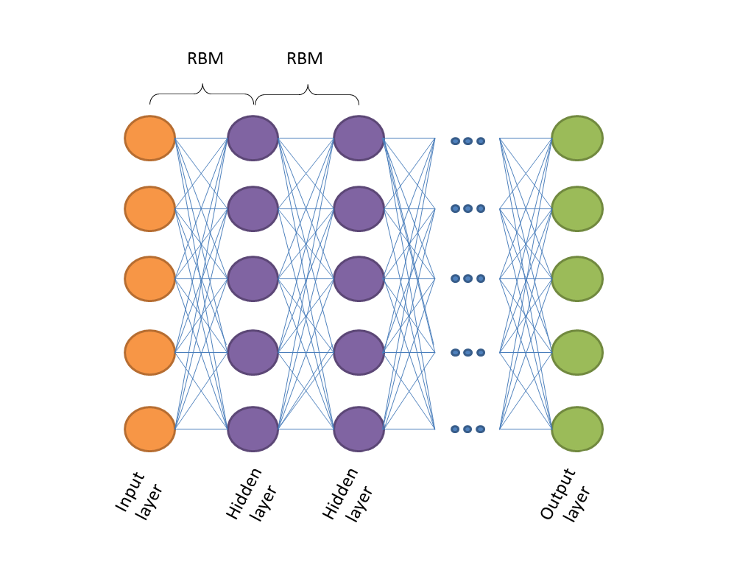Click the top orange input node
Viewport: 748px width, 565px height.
[x=149, y=138]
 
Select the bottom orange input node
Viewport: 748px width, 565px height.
[x=149, y=429]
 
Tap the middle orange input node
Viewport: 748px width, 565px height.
[x=149, y=278]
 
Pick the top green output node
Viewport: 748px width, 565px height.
[x=577, y=138]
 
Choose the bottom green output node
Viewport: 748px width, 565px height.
[x=577, y=429]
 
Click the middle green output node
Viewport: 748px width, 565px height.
[x=577, y=278]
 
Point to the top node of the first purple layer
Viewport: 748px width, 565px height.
[x=253, y=138]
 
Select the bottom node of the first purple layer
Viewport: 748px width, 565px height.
[x=253, y=429]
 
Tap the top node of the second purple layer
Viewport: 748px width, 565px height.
[x=359, y=138]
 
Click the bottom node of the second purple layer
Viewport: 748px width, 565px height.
[x=359, y=429]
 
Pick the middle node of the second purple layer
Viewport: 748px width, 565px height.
[x=359, y=278]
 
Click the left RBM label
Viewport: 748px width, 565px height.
[x=205, y=59]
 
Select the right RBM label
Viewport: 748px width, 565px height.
[x=304, y=59]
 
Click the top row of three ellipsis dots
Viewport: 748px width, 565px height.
[x=467, y=141]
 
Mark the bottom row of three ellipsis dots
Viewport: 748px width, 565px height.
[x=467, y=429]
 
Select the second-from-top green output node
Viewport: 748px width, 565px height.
[x=577, y=208]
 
